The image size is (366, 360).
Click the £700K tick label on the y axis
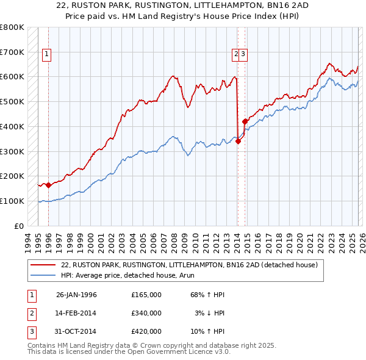click(12, 52)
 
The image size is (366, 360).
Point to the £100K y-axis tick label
click(12, 201)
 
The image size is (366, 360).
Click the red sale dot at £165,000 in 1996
click(49, 185)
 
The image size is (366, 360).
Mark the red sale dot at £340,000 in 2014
click(238, 142)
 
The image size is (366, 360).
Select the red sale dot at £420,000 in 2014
click(245, 121)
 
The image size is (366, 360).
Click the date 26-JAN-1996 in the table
click(76, 295)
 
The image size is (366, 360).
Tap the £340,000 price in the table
click(146, 313)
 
